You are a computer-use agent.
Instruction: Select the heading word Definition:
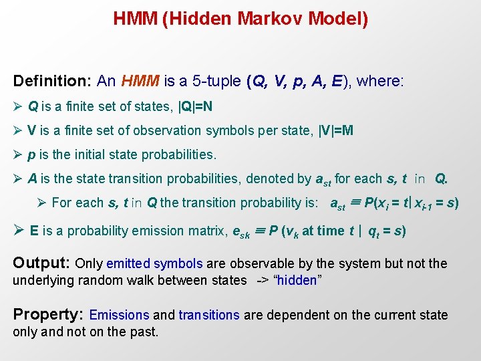tap(52, 82)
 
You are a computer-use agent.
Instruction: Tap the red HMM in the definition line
tap(140, 82)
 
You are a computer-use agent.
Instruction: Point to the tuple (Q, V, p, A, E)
tap(299, 82)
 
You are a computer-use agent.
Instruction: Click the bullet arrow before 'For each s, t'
tap(42, 203)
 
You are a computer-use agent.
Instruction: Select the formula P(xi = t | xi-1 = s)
tap(411, 203)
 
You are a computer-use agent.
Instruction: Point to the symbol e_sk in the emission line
tap(240, 232)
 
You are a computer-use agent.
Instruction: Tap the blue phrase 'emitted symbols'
tap(155, 263)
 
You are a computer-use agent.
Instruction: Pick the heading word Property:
tap(48, 314)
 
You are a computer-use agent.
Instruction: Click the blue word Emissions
tap(119, 315)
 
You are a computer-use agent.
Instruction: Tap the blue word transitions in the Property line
tap(208, 315)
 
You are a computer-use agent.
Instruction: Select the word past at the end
tap(143, 332)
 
